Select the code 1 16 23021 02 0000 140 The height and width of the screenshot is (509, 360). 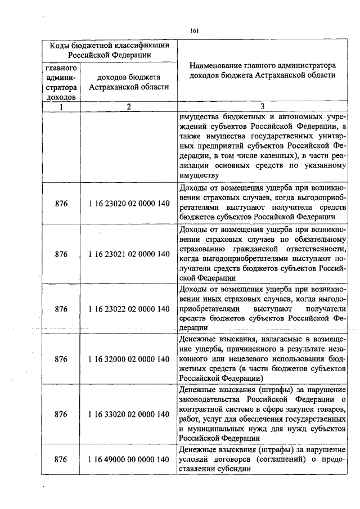(x=129, y=254)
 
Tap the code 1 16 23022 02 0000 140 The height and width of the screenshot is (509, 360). (x=129, y=309)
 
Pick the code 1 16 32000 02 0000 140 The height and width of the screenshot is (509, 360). (x=129, y=358)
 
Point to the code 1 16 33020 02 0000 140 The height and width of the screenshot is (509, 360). (x=129, y=414)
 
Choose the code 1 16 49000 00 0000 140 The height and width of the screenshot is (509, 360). (x=129, y=459)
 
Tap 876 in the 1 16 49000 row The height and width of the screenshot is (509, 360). (x=61, y=459)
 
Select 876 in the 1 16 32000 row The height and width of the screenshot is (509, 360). (x=61, y=358)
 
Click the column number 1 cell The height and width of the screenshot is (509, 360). (x=61, y=107)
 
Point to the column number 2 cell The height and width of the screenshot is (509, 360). (x=129, y=107)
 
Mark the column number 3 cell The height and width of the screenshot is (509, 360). (x=262, y=107)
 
